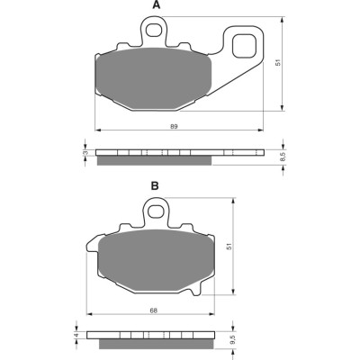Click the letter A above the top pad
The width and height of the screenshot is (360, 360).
pos(156,5)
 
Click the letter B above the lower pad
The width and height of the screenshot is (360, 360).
pos(155,186)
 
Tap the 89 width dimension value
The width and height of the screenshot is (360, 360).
pos(174,126)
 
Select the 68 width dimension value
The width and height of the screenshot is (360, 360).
pos(154,310)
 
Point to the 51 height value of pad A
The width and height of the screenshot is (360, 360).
pos(278,62)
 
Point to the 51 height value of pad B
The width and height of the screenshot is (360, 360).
pos(229,247)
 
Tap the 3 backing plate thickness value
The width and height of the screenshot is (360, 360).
pos(86,153)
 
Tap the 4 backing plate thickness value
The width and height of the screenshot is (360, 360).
pos(76,335)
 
